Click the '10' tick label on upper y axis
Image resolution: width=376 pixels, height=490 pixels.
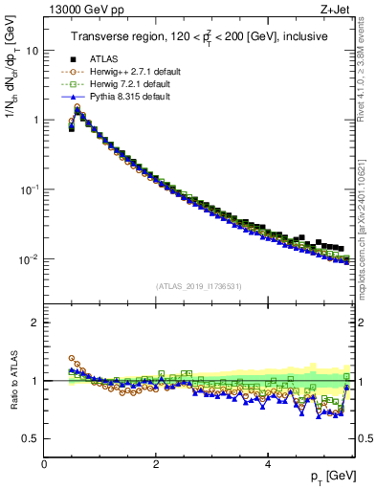[32, 51]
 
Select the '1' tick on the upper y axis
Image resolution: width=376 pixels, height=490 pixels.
[35, 121]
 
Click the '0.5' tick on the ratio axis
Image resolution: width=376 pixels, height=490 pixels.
[30, 438]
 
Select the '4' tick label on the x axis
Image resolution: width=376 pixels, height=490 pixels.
[268, 463]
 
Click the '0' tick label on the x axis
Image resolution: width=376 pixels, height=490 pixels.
[44, 463]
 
